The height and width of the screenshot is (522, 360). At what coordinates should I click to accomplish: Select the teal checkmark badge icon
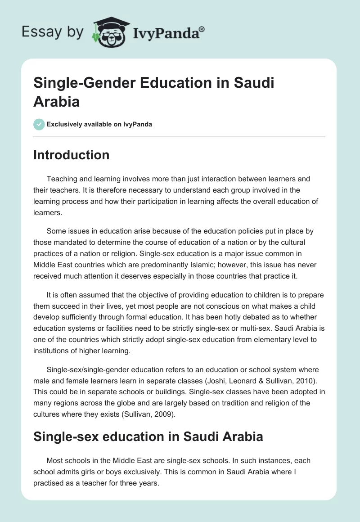(x=39, y=124)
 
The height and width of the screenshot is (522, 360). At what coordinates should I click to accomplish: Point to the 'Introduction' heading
(x=72, y=155)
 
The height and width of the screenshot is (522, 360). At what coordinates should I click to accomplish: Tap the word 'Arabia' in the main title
(x=57, y=101)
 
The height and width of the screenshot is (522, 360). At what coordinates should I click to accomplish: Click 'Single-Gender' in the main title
(x=78, y=84)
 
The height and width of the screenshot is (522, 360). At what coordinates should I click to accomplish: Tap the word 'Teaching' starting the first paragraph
(x=61, y=179)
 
